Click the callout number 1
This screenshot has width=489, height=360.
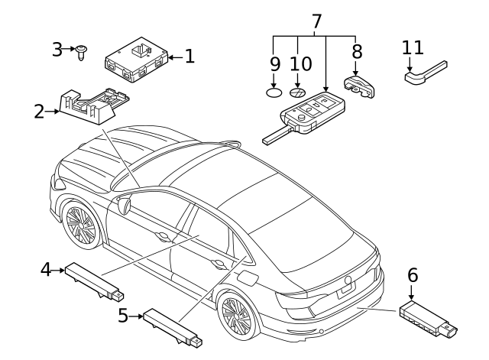click(x=189, y=55)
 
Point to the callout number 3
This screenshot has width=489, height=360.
click(x=57, y=50)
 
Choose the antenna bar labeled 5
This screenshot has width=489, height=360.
click(x=172, y=325)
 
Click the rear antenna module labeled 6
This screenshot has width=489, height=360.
click(x=427, y=318)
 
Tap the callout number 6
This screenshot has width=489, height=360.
click(x=413, y=274)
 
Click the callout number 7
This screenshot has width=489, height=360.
click(x=316, y=21)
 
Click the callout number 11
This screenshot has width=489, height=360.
click(x=413, y=47)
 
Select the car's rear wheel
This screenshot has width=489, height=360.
click(x=238, y=315)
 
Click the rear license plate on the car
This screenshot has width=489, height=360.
click(x=348, y=285)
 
